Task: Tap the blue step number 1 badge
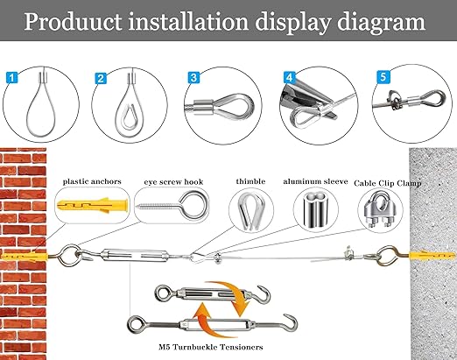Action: click(x=11, y=78)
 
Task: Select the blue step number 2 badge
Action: click(x=102, y=78)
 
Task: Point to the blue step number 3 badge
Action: click(x=193, y=78)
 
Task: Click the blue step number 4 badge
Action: click(x=286, y=78)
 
